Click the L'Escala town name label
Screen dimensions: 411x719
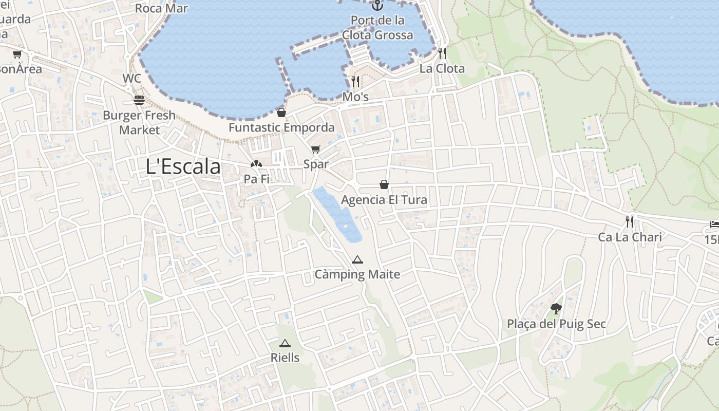tap(183, 166)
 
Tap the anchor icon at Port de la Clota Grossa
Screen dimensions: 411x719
tap(377, 6)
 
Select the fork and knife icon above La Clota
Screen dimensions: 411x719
tap(442, 53)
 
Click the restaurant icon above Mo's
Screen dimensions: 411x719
tap(355, 81)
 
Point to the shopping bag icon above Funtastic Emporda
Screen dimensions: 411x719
tap(281, 113)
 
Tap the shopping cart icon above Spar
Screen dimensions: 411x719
tap(315, 150)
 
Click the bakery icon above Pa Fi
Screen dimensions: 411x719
tap(255, 164)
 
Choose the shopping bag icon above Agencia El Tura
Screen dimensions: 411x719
tap(384, 184)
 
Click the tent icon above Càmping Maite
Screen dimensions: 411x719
tap(357, 259)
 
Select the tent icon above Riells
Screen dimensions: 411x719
tap(285, 343)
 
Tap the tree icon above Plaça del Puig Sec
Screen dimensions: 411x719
tap(556, 308)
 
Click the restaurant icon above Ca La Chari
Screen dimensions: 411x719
tap(630, 222)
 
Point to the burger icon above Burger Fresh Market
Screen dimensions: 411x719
tap(139, 100)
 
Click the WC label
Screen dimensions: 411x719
tap(131, 79)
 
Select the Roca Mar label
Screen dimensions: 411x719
tap(161, 8)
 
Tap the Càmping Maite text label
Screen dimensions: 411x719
tap(357, 274)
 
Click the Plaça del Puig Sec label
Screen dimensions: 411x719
tap(556, 324)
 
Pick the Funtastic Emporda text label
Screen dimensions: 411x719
tap(281, 127)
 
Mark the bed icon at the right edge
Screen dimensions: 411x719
tap(714, 224)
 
